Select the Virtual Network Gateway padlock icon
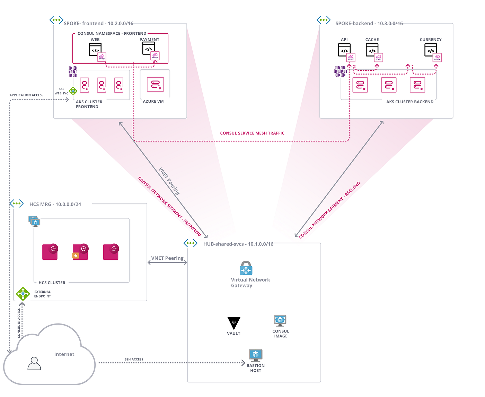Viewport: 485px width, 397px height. tap(246, 268)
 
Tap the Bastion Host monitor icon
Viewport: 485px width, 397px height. tap(256, 355)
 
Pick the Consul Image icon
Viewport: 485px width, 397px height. tap(280, 321)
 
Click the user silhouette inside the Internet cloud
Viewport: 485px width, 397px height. tap(34, 363)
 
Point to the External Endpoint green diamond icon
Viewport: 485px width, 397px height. tap(23, 294)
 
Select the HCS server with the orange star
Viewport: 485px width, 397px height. tap(80, 252)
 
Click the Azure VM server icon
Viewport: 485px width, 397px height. tap(155, 85)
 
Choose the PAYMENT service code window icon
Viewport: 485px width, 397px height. tap(148, 49)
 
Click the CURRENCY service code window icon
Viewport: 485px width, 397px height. tap(431, 50)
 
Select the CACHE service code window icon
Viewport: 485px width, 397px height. tap(372, 50)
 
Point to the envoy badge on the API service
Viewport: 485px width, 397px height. tap(351, 58)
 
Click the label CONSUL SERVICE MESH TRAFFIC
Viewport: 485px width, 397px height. tap(252, 133)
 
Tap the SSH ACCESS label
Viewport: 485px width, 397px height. tap(134, 359)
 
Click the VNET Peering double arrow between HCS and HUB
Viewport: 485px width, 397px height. tap(167, 262)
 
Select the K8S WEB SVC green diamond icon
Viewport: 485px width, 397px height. tap(73, 91)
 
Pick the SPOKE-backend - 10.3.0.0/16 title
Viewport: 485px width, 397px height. tap(369, 24)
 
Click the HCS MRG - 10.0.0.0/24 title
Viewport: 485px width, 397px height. tap(55, 204)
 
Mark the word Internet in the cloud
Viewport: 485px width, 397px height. tap(64, 354)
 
